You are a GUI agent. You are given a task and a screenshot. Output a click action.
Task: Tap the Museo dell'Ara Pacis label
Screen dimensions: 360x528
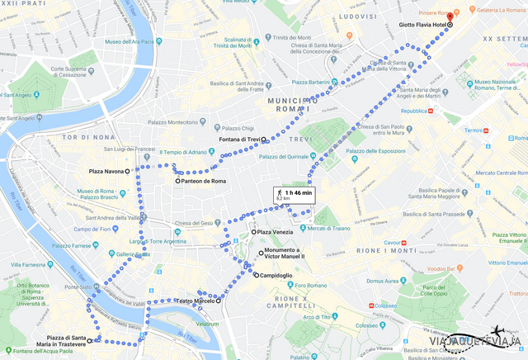128,42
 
